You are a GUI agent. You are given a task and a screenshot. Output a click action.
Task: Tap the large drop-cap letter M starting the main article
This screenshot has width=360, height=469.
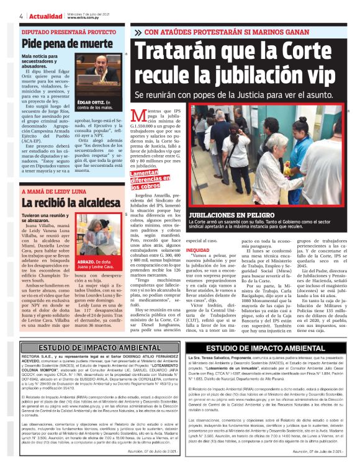[142, 119]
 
